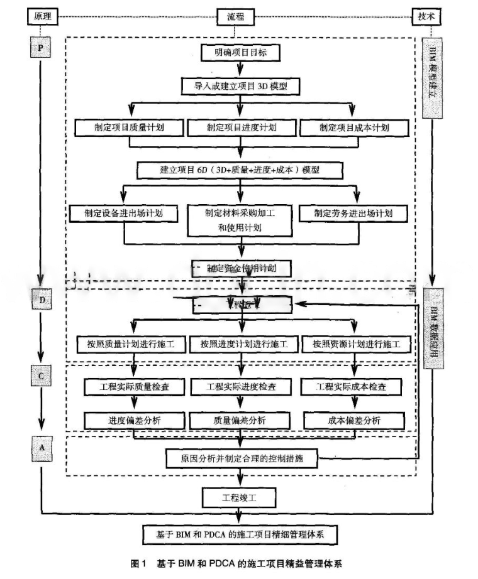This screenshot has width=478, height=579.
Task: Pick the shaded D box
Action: tap(42, 300)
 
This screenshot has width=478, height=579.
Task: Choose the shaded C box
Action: tap(42, 375)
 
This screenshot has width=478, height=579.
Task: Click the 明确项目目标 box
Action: tap(240, 53)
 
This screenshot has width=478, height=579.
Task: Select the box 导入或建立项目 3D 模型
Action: tap(240, 85)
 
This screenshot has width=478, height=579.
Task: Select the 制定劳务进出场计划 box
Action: tap(354, 213)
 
